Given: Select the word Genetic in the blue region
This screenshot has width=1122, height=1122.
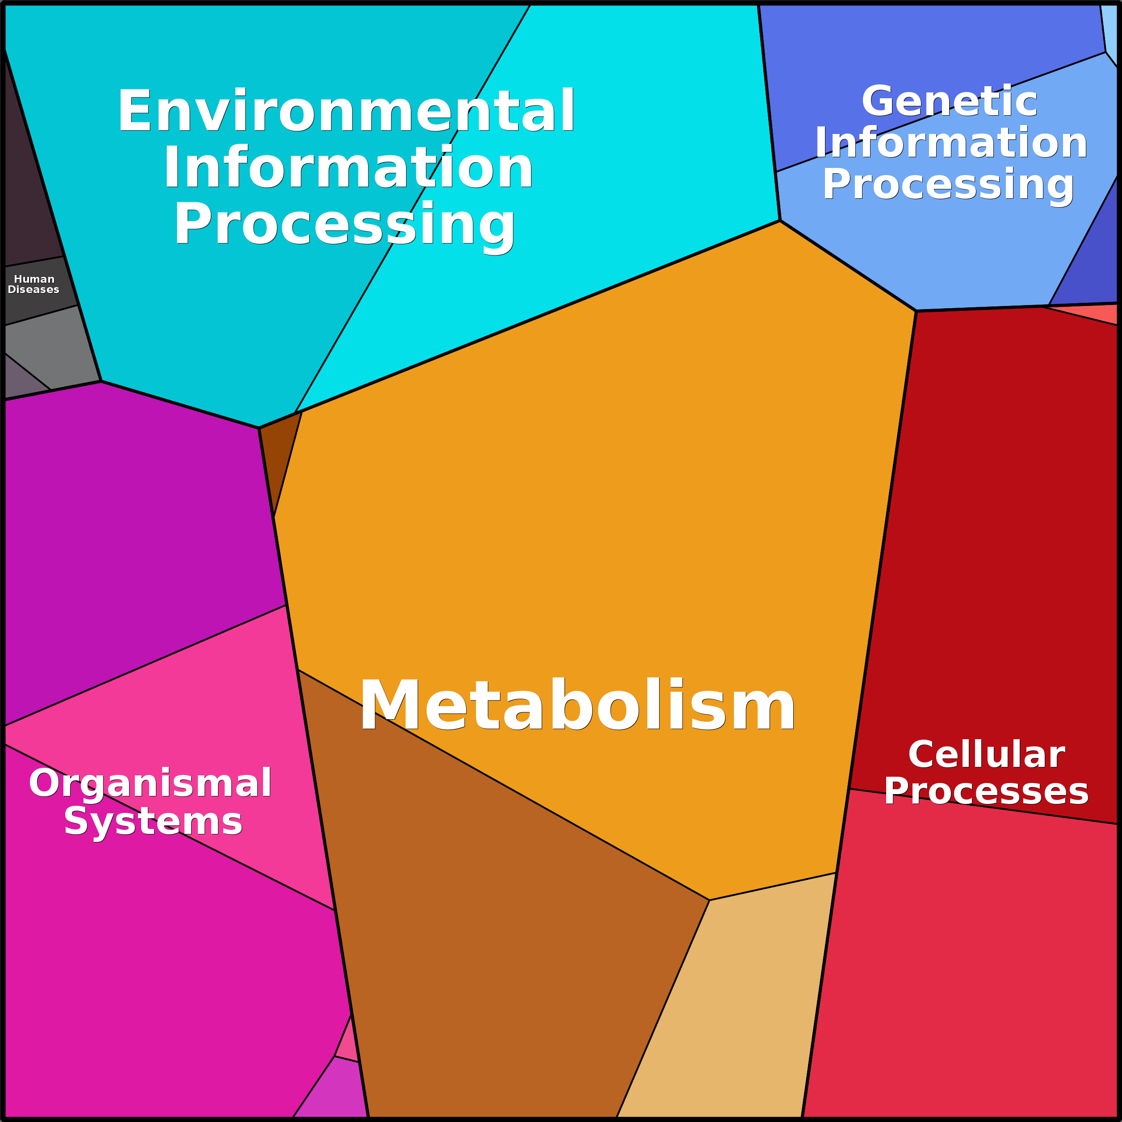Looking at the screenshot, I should [x=949, y=102].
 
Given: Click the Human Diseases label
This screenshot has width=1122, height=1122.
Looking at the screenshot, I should [x=33, y=284].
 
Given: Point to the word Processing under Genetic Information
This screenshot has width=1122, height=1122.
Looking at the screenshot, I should [x=948, y=184].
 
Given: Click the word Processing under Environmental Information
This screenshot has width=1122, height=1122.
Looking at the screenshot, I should [x=345, y=225].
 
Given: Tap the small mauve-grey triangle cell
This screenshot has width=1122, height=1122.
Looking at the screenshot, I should [x=21, y=381].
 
